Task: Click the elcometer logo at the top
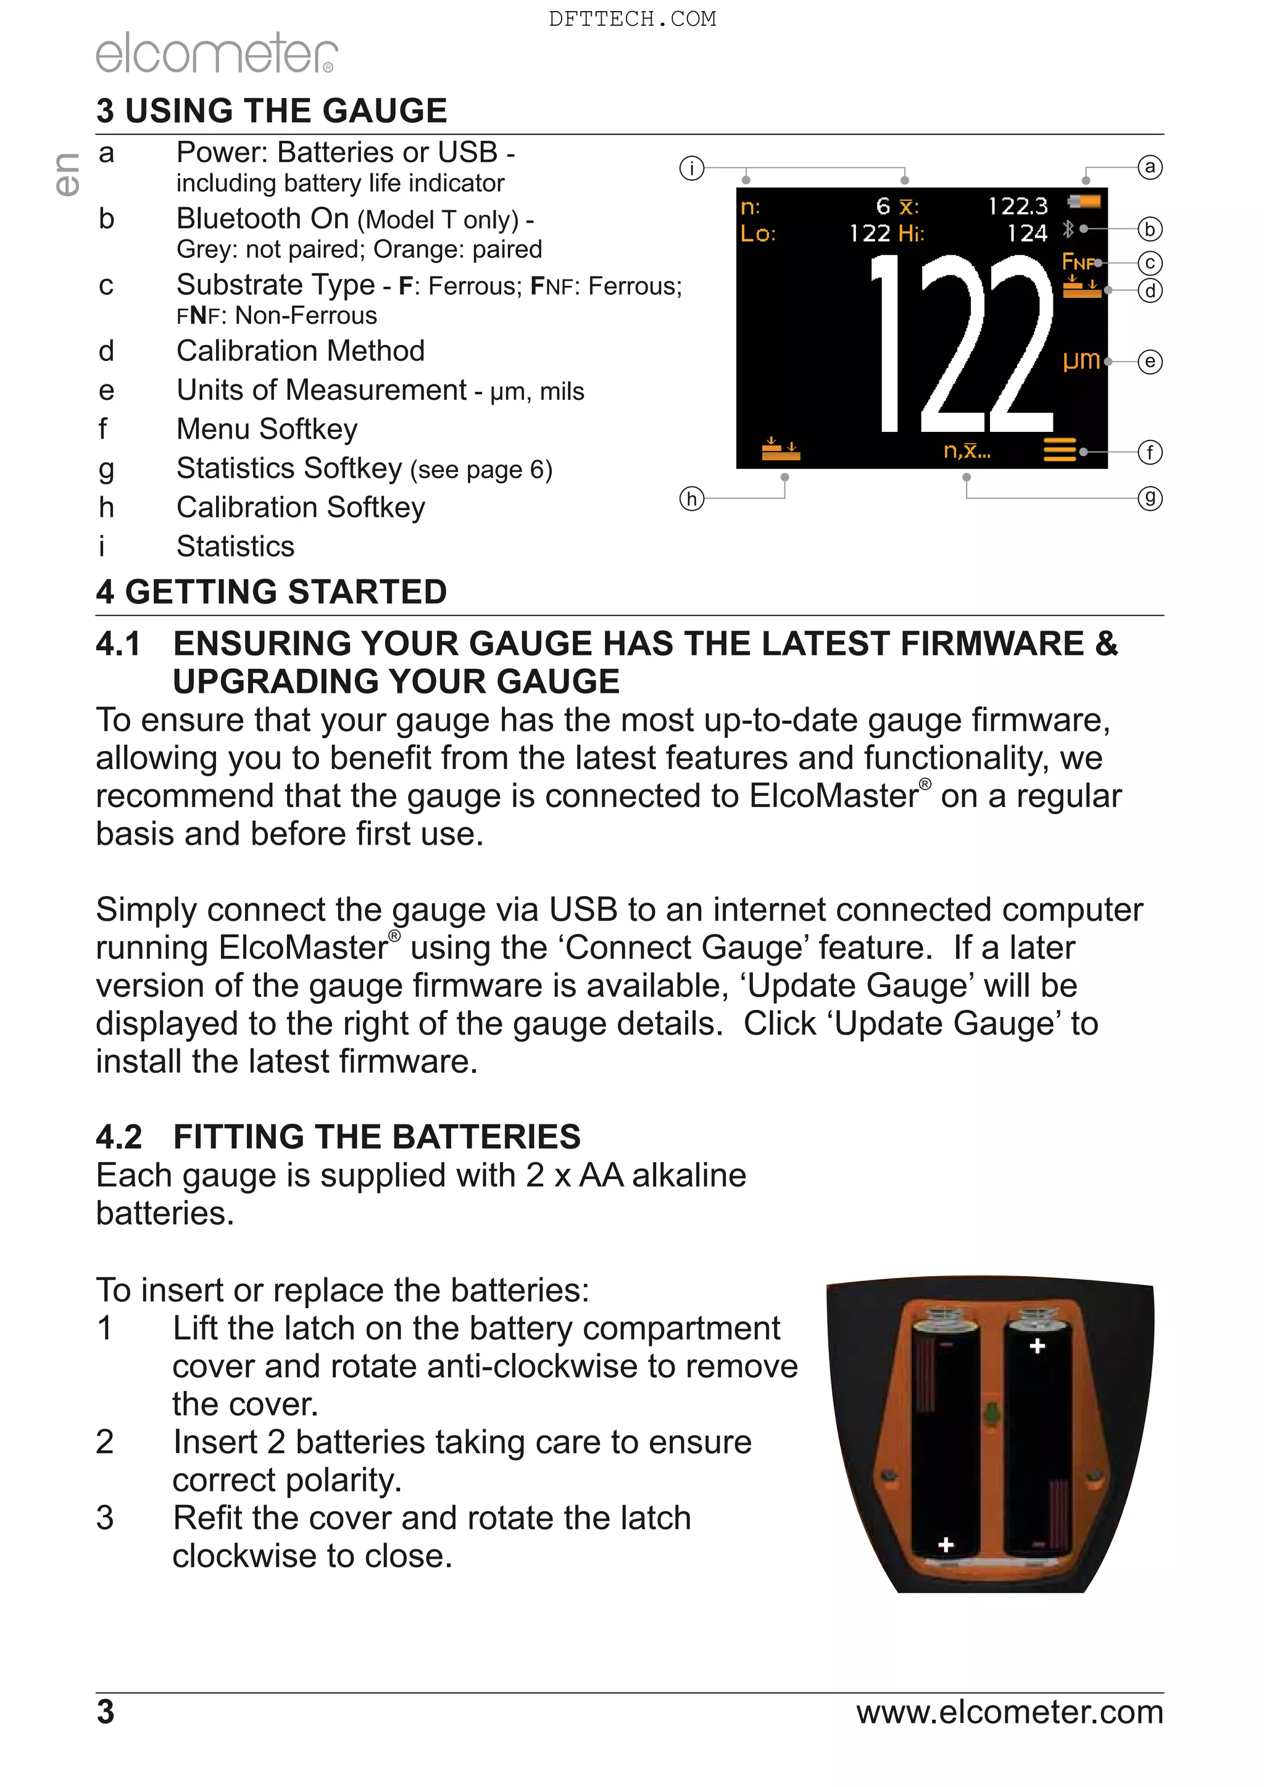tap(217, 53)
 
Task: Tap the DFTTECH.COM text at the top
tap(632, 19)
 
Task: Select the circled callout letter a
tap(1150, 167)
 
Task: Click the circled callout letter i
tap(691, 168)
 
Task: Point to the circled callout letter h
tap(691, 498)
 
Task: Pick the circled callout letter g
tap(1150, 498)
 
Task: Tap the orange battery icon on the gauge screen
tap(1085, 202)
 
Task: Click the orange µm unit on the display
tap(1082, 360)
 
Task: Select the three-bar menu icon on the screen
tap(1059, 450)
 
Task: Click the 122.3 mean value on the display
tap(1018, 206)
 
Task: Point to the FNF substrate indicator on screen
tap(1078, 262)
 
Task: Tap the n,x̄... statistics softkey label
tap(967, 450)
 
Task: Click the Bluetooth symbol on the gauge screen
tap(1068, 229)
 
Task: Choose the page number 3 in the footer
tap(105, 1712)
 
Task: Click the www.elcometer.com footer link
tap(1010, 1712)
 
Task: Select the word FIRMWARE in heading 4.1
tap(992, 644)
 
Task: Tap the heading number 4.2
tap(119, 1137)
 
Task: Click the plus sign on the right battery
tap(1037, 1346)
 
